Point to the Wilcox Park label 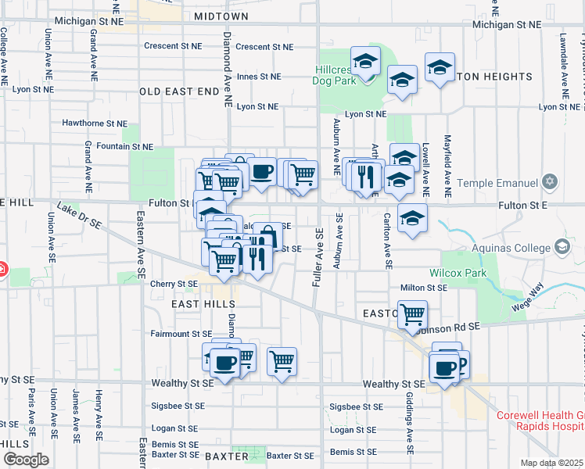(x=458, y=273)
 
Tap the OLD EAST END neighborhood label (x=180, y=91)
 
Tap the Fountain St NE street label (x=119, y=146)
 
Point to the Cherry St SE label (x=174, y=284)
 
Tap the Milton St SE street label (x=424, y=288)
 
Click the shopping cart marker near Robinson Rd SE (x=412, y=314)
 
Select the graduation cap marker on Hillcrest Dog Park (x=364, y=61)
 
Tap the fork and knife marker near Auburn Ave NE (x=364, y=177)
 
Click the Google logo (x=26, y=460)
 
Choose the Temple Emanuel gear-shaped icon (x=550, y=182)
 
